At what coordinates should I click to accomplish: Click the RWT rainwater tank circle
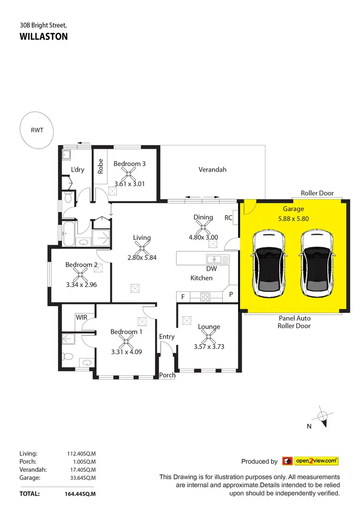[x=37, y=130]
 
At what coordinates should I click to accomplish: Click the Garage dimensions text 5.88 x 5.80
[x=293, y=217]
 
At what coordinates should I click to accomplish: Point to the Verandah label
[x=212, y=169]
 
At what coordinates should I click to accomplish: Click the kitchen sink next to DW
[x=218, y=259]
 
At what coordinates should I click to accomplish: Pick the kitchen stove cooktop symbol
[x=205, y=297]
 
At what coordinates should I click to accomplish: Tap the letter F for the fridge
[x=183, y=297]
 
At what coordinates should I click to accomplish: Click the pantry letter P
[x=231, y=295]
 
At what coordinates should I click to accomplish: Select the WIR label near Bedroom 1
[x=81, y=317]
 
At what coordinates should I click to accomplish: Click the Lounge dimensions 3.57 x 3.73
[x=209, y=347]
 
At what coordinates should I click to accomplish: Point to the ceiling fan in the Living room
[x=142, y=248]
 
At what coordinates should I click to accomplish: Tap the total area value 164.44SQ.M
[x=81, y=493]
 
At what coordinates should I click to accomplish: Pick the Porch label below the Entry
[x=168, y=375]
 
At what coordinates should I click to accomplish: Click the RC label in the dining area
[x=228, y=217]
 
